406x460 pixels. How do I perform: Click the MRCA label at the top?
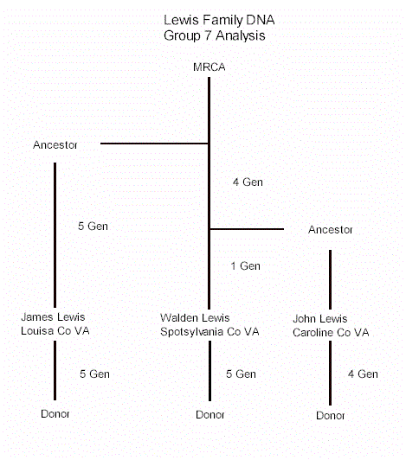209,67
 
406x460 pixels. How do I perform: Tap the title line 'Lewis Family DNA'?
219,20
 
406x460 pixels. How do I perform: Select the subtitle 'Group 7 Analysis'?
215,35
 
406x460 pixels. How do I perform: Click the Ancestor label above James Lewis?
55,145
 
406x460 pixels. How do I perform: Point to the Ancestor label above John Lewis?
330,230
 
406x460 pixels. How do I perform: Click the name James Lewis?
53,316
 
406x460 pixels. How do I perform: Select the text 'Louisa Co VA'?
55,331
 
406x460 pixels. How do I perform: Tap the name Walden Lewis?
195,317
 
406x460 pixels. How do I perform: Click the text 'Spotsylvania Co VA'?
209,332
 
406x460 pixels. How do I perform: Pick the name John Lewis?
320,318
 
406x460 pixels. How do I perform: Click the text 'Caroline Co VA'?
331,332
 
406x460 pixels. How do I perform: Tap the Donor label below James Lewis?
55,414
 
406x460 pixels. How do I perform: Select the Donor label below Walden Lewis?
210,415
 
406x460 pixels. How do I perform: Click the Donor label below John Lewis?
330,416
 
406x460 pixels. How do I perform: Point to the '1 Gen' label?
246,266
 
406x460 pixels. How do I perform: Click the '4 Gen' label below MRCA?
248,182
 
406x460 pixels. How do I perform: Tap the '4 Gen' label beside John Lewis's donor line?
363,374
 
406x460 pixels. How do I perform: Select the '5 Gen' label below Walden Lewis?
241,374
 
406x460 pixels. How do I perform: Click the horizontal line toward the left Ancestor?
155,144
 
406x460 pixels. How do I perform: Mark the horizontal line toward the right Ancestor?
247,229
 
